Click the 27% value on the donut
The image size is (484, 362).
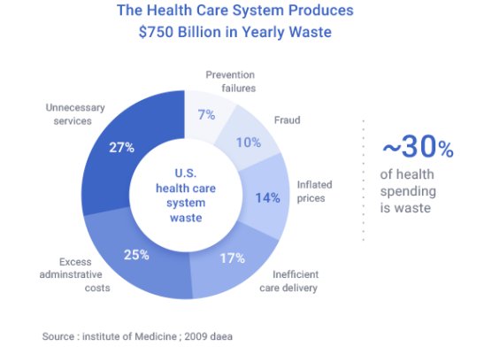122,147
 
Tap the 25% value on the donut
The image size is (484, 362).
135,255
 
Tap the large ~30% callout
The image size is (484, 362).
418,148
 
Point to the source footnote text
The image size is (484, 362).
136,336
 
